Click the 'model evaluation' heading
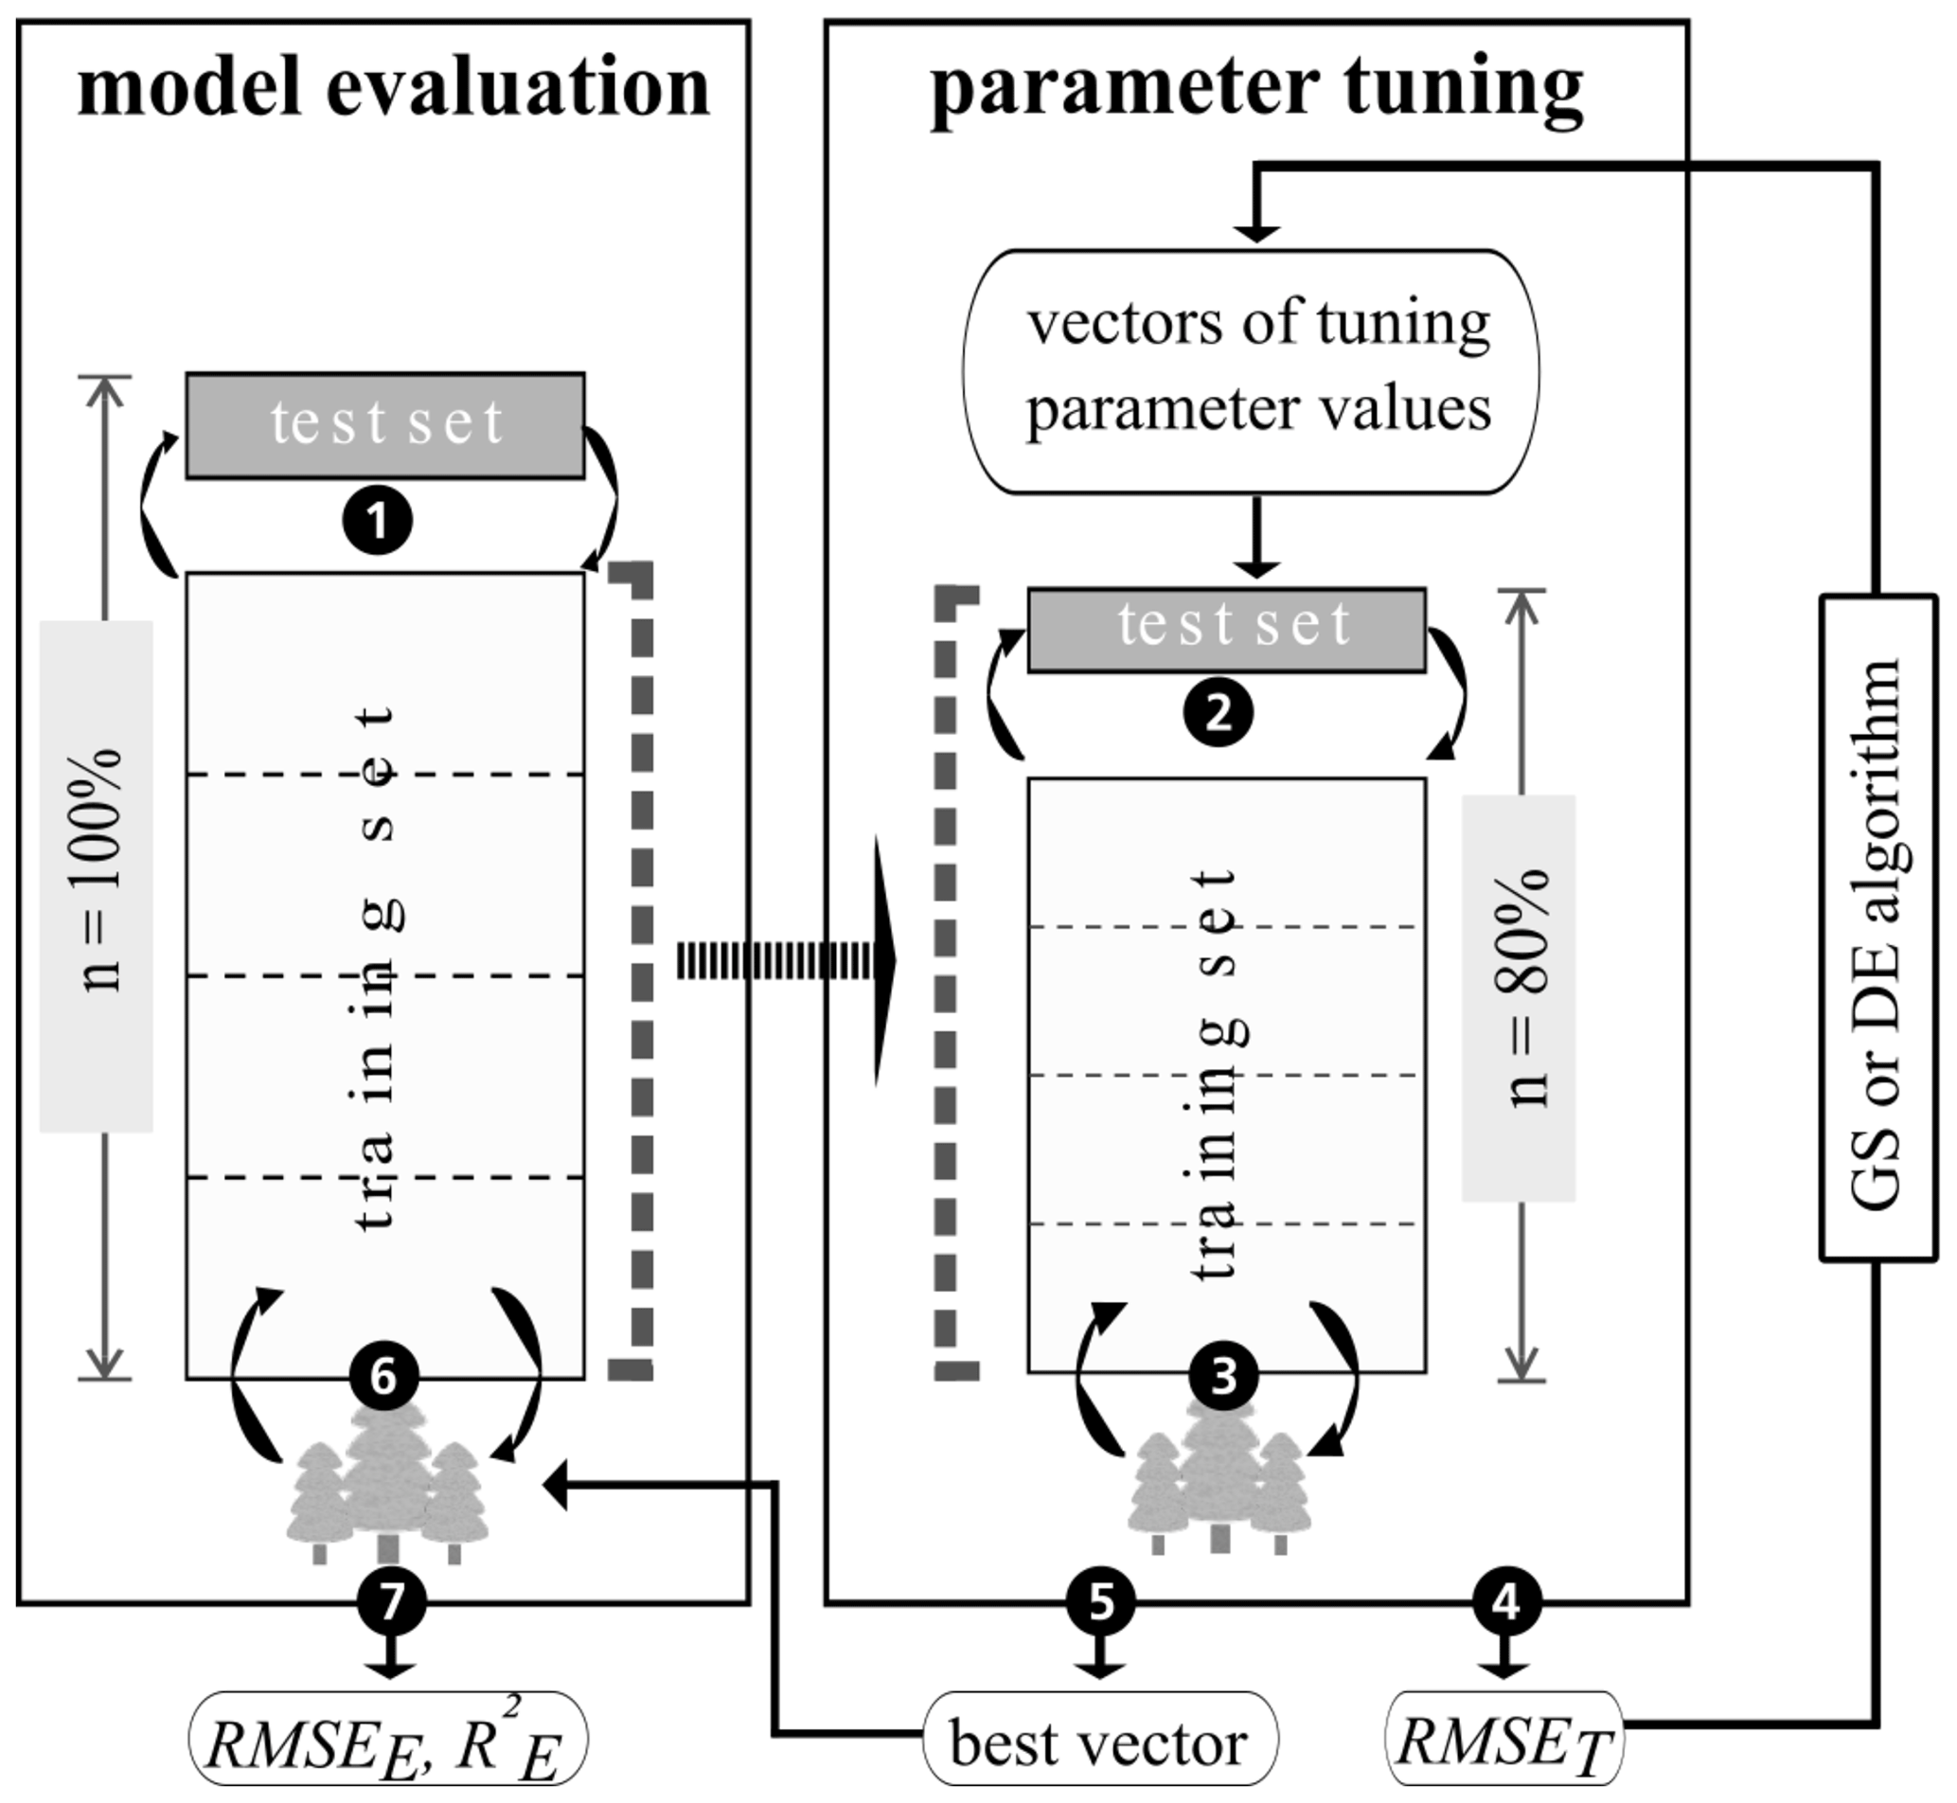pyautogui.click(x=393, y=88)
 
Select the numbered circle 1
pyautogui.click(x=378, y=520)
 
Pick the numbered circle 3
pyautogui.click(x=1223, y=1377)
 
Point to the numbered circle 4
pyautogui.click(x=1506, y=1601)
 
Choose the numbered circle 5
pyautogui.click(x=1100, y=1601)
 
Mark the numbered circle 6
pyautogui.click(x=383, y=1377)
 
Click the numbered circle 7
pyautogui.click(x=391, y=1601)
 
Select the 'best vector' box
pyautogui.click(x=1099, y=1742)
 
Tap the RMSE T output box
pyautogui.click(x=1505, y=1742)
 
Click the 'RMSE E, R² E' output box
pyautogui.click(x=387, y=1742)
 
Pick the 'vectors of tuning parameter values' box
pyautogui.click(x=1251, y=372)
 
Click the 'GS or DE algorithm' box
pyautogui.click(x=1878, y=928)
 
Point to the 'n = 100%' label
pyautogui.click(x=97, y=875)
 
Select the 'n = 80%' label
pyautogui.click(x=1519, y=997)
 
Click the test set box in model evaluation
pyautogui.click(x=385, y=425)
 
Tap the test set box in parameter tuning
pyautogui.click(x=1226, y=630)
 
